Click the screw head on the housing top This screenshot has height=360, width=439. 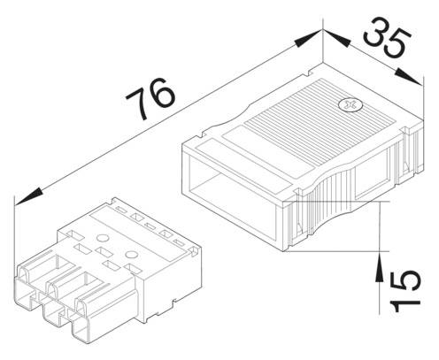coord(351,106)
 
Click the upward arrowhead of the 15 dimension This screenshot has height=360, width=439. coord(379,259)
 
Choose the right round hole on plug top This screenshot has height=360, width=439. coord(133,256)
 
